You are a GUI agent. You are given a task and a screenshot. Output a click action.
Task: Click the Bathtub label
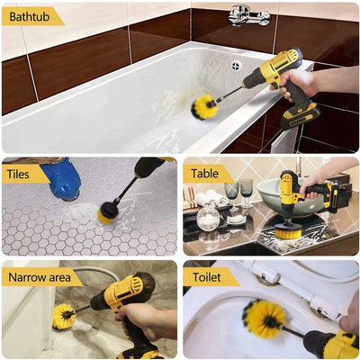point(30,16)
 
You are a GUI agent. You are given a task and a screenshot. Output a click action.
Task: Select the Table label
point(206,174)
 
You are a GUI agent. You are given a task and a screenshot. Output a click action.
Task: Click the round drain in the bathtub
point(236,66)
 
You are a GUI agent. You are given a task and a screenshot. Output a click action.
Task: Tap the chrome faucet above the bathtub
point(248,15)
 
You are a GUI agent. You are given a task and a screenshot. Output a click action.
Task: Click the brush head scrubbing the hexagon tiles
point(108,211)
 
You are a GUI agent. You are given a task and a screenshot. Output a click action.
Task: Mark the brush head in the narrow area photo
point(64,316)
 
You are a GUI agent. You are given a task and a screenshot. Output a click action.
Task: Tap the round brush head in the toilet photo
point(264,319)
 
